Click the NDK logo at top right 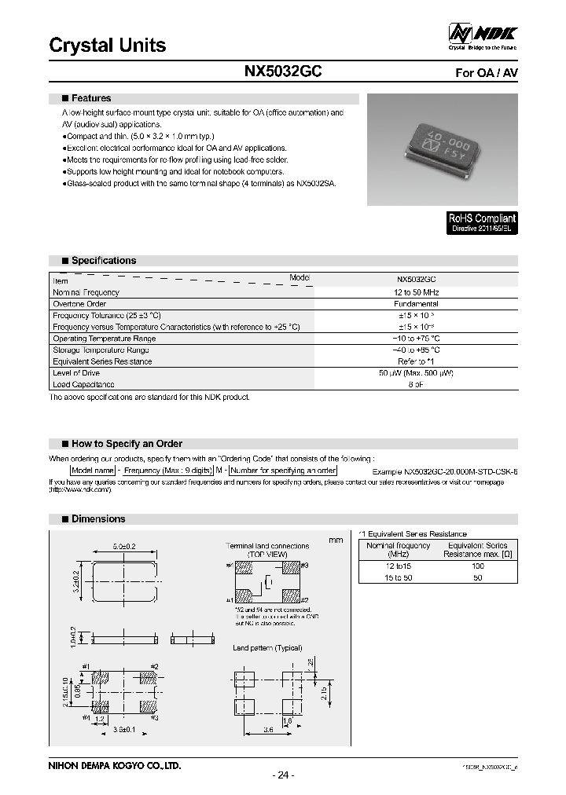click(483, 35)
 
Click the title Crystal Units click(108, 46)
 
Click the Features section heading click(90, 99)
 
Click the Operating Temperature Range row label click(104, 339)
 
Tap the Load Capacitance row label click(83, 385)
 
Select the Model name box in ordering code click(92, 470)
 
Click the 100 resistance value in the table click(477, 566)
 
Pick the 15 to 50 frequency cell click(399, 577)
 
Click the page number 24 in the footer click(283, 775)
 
